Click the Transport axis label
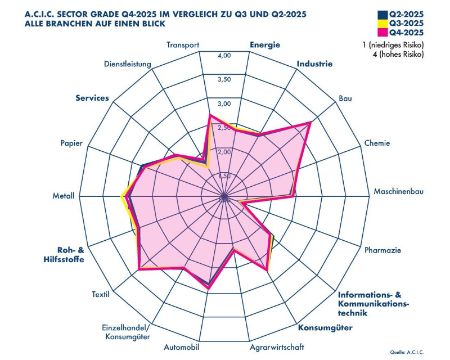coord(183,46)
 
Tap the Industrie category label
coord(314,64)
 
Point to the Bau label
coord(345,99)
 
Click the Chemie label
coord(377,143)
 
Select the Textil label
coord(101,294)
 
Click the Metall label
coord(64,196)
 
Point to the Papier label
coord(72,143)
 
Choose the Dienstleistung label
coord(128,64)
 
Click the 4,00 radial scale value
coord(224,56)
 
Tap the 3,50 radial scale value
coord(224,79)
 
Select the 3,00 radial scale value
coord(224,104)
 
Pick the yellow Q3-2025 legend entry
coord(403,23)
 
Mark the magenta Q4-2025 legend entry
coord(403,32)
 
